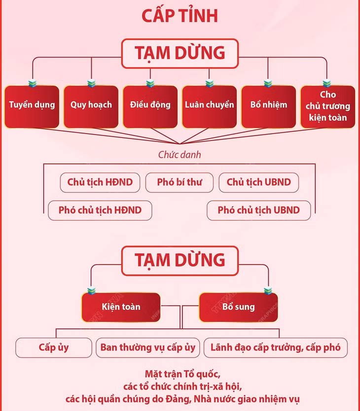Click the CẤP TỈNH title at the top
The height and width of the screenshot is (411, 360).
[x=180, y=15]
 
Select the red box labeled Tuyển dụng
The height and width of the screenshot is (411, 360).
[x=32, y=106]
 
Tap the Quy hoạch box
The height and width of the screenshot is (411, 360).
[x=91, y=106]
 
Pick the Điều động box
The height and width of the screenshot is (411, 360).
[x=150, y=106]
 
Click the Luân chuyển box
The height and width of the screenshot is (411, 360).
[x=210, y=106]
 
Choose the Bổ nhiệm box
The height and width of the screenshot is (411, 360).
[x=269, y=106]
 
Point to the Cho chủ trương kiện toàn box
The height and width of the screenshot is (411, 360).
[x=328, y=106]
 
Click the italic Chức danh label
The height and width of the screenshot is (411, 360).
[x=180, y=155]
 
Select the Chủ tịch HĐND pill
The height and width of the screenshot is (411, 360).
[x=100, y=182]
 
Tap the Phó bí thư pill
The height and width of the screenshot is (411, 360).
[x=180, y=182]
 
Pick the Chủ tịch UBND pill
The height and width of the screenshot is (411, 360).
[x=259, y=182]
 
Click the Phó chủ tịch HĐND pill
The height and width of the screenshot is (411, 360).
[x=100, y=210]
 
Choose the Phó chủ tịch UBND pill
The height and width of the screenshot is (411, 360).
[x=259, y=210]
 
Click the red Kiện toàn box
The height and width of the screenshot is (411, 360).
[x=121, y=307]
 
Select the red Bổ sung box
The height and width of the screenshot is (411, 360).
[x=239, y=307]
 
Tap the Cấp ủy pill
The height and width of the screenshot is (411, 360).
[x=54, y=348]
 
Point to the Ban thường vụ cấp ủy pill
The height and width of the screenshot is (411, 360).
[x=148, y=348]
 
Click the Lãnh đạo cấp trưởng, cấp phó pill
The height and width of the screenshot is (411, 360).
[x=276, y=348]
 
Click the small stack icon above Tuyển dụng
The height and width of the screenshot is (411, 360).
[x=33, y=83]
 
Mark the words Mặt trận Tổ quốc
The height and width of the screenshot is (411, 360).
[x=182, y=374]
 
